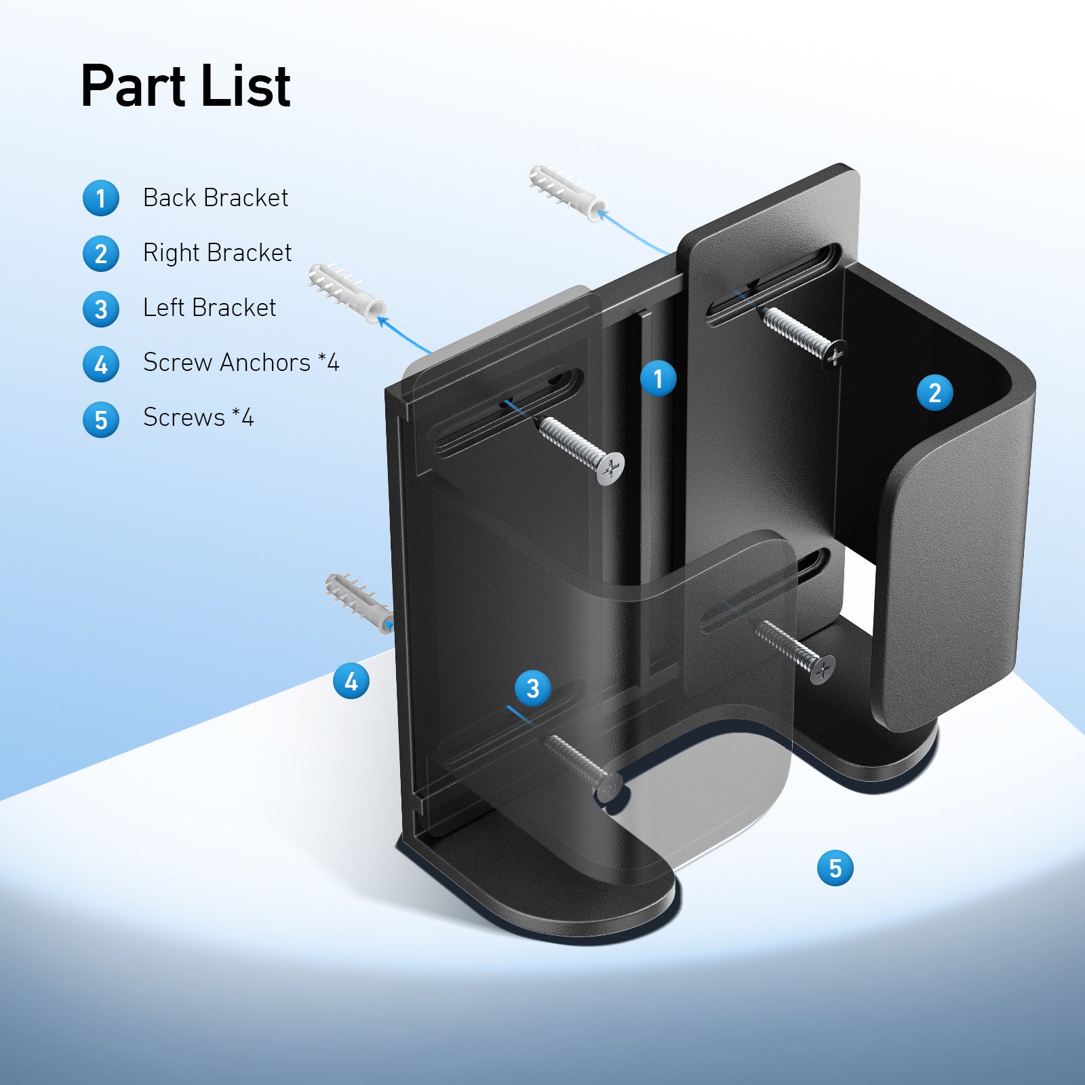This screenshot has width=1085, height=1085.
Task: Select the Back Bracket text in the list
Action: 216,198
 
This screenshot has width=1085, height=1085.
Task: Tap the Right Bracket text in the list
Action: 217,253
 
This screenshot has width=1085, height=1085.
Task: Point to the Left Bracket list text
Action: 210,308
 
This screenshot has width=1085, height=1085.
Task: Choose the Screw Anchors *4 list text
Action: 241,363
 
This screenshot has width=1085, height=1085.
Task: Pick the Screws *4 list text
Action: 198,418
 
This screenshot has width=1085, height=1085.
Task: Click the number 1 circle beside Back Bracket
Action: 101,199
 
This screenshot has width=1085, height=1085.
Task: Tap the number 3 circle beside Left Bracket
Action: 101,309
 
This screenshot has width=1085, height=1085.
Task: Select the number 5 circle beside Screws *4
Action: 101,420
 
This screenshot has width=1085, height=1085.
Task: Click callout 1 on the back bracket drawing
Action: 658,378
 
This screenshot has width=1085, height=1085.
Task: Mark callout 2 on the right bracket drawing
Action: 934,393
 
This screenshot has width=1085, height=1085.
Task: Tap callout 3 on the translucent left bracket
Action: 532,688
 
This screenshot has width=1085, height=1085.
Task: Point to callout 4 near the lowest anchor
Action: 351,681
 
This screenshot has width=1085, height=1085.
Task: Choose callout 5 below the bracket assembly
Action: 835,868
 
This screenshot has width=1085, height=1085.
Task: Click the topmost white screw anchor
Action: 567,193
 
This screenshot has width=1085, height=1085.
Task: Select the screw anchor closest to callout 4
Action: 358,602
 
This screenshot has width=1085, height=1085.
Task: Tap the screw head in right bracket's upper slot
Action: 835,355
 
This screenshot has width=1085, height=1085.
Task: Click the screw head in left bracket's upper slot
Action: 610,468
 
